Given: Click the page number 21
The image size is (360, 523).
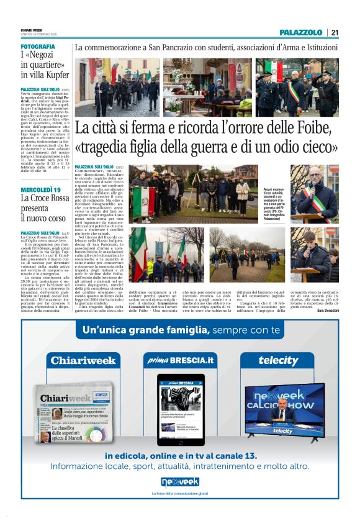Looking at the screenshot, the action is click(335, 32).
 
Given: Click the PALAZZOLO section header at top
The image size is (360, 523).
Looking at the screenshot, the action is click(300, 32).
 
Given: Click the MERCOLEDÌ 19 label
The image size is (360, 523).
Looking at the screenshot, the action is click(40, 189).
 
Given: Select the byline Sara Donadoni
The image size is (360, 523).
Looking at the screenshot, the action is click(325, 309).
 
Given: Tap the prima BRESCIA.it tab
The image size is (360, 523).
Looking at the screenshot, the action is click(179, 360).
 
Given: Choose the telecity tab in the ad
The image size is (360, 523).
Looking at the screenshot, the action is click(278, 360).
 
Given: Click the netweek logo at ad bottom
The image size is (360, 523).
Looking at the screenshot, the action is click(180, 481).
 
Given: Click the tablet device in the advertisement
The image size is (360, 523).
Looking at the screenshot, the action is click(180, 408).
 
